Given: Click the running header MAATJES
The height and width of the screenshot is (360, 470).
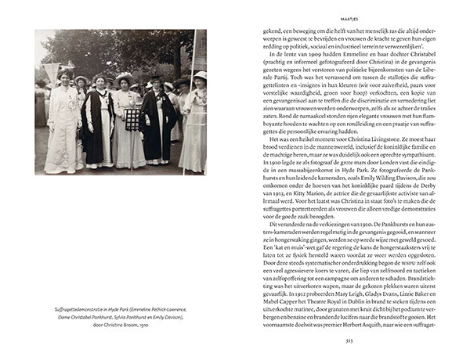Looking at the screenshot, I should pyautogui.click(x=345, y=12).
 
